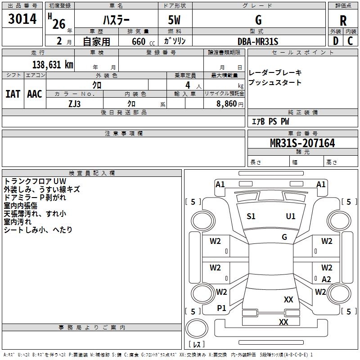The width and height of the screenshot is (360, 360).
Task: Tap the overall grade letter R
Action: pyautogui.click(x=343, y=21)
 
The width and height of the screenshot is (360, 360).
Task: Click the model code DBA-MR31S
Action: pyautogui.click(x=258, y=41)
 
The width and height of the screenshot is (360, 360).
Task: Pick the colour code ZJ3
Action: pyautogui.click(x=74, y=103)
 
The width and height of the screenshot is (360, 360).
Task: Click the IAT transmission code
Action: pyautogui.click(x=13, y=94)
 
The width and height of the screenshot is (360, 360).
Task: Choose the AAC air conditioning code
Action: pyautogui.click(x=35, y=94)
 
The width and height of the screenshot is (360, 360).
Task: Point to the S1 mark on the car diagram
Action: pyautogui.click(x=251, y=216)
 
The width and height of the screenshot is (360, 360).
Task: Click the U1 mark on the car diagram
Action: pyautogui.click(x=291, y=216)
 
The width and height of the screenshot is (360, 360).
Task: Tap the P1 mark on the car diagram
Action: pyautogui.click(x=221, y=308)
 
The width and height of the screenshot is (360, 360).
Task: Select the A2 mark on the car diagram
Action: pyautogui.click(x=326, y=279)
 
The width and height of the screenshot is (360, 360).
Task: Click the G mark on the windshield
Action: pyautogui.click(x=284, y=237)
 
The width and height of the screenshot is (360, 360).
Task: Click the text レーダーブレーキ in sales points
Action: pyautogui.click(x=275, y=72)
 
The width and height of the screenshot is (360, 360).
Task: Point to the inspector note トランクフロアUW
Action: pyautogui.click(x=35, y=181)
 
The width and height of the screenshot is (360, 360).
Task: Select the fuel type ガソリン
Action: pyautogui.click(x=175, y=41)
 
